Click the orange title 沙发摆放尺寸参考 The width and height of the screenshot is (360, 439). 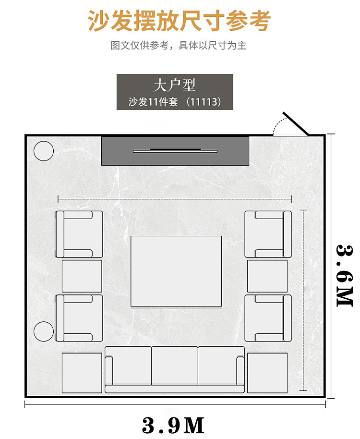(x=180, y=21)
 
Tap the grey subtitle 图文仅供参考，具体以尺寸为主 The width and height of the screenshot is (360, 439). (x=179, y=45)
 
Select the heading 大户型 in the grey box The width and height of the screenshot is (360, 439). (x=175, y=85)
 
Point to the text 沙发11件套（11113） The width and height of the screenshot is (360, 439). (x=175, y=101)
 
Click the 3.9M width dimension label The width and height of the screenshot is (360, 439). (x=173, y=425)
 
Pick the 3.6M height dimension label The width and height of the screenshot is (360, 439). (x=344, y=276)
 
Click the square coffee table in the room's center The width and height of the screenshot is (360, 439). (x=176, y=271)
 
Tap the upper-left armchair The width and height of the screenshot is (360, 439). (x=79, y=234)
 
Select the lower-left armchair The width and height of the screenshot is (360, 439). (x=79, y=318)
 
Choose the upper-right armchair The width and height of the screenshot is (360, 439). (x=268, y=234)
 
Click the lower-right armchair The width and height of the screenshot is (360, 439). (x=268, y=318)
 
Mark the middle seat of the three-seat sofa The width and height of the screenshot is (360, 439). (x=175, y=366)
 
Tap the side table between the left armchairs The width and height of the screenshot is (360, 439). (x=82, y=276)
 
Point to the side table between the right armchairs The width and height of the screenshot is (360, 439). (x=267, y=276)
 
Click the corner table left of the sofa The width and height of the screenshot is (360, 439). (x=82, y=373)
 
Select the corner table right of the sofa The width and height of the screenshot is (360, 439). (x=267, y=373)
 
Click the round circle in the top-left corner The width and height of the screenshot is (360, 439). (x=44, y=151)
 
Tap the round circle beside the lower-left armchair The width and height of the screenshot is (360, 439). (x=44, y=331)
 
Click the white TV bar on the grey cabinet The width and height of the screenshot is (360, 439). (x=175, y=151)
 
